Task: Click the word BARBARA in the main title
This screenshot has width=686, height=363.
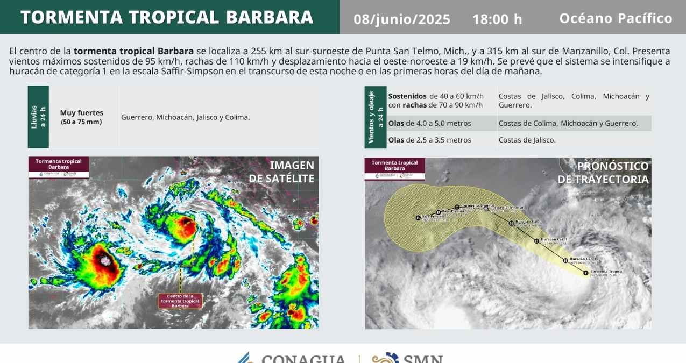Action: point(270,17)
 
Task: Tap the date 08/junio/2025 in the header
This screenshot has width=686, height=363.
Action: point(402,19)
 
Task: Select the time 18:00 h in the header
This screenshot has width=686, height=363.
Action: point(497,19)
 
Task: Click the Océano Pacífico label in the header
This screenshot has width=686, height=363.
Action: point(616,18)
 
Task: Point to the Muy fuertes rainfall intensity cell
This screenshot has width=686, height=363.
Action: point(82,117)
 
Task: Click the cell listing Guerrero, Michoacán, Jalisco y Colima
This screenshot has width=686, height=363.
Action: point(186,117)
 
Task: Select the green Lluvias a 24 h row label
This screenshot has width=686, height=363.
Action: point(38,117)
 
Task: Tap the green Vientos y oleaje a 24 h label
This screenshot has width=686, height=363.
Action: point(375,117)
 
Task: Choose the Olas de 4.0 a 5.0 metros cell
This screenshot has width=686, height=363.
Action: point(430,123)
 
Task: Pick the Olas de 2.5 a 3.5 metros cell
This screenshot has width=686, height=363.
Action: point(430,140)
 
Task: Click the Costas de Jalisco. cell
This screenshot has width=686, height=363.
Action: point(527,140)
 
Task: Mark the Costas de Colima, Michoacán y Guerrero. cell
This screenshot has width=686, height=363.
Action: point(568,123)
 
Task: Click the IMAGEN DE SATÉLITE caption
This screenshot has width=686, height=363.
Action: point(281,172)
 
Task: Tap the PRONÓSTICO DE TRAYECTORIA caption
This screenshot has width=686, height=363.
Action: point(603,173)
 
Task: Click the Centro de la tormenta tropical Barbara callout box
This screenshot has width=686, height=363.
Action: point(180,301)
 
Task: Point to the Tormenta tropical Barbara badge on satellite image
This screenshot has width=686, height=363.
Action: point(59,167)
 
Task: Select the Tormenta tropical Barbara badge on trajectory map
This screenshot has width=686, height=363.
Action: point(395,168)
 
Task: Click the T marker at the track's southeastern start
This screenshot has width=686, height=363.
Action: point(586,273)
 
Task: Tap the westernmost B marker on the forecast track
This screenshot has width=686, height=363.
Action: point(418,218)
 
